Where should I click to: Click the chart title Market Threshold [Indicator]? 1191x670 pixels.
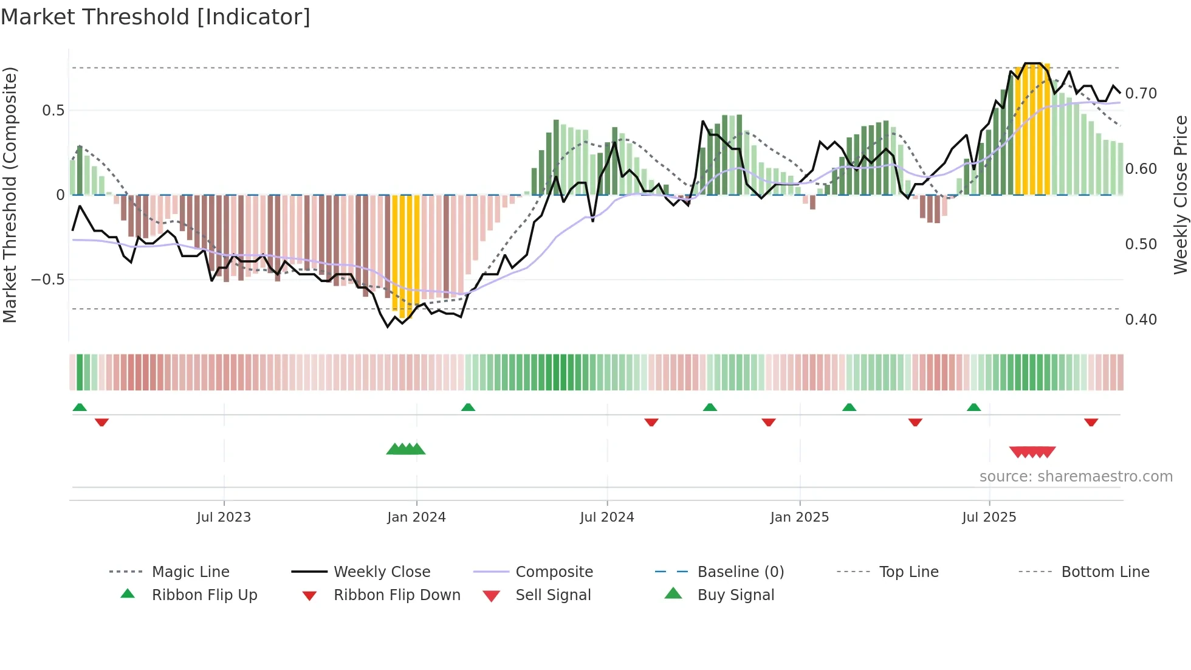[156, 17]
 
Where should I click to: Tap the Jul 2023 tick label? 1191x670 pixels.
[224, 517]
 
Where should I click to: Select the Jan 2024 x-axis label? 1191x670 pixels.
[416, 517]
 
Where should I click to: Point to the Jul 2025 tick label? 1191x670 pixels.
[989, 517]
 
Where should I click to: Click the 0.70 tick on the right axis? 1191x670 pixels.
[1141, 94]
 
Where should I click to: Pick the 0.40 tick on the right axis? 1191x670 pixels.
[1141, 320]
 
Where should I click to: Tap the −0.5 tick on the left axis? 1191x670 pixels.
[48, 280]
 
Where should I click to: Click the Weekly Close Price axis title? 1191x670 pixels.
[1180, 195]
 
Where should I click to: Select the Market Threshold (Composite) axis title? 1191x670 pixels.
[10, 195]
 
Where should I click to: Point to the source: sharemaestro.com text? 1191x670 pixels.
[1076, 477]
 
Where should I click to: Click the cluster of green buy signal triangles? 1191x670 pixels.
[406, 449]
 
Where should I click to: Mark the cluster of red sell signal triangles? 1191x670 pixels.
[1032, 452]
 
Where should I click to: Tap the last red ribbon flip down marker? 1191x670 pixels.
[1091, 422]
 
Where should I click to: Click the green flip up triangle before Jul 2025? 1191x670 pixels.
[973, 407]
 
